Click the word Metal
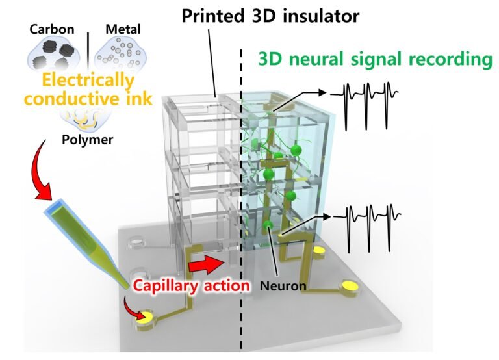coord(126,30)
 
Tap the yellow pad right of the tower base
coord(319,250)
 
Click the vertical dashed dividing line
coord(242,195)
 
